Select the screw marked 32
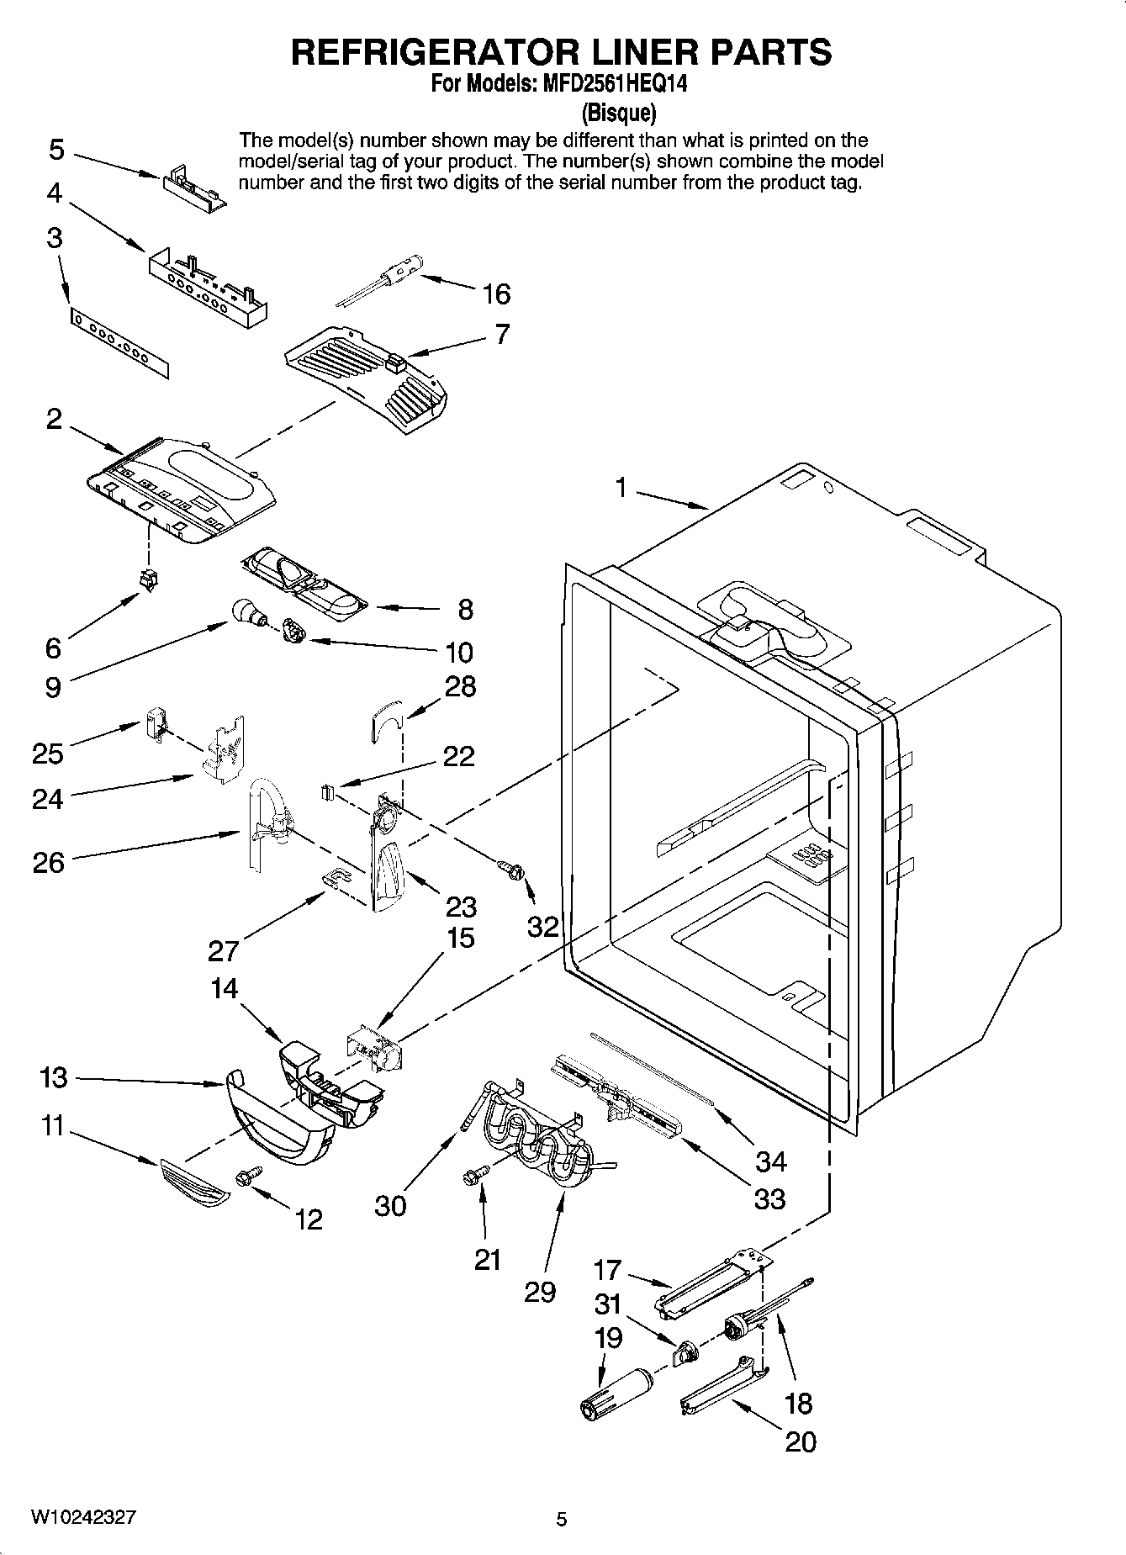click(x=510, y=869)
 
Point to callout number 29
click(x=540, y=1291)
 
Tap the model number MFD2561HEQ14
click(x=599, y=84)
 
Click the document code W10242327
click(x=82, y=1518)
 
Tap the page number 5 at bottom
click(x=562, y=1519)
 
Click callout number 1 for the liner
click(x=621, y=487)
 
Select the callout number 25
click(x=48, y=753)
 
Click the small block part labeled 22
click(x=327, y=791)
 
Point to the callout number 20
click(x=800, y=1441)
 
